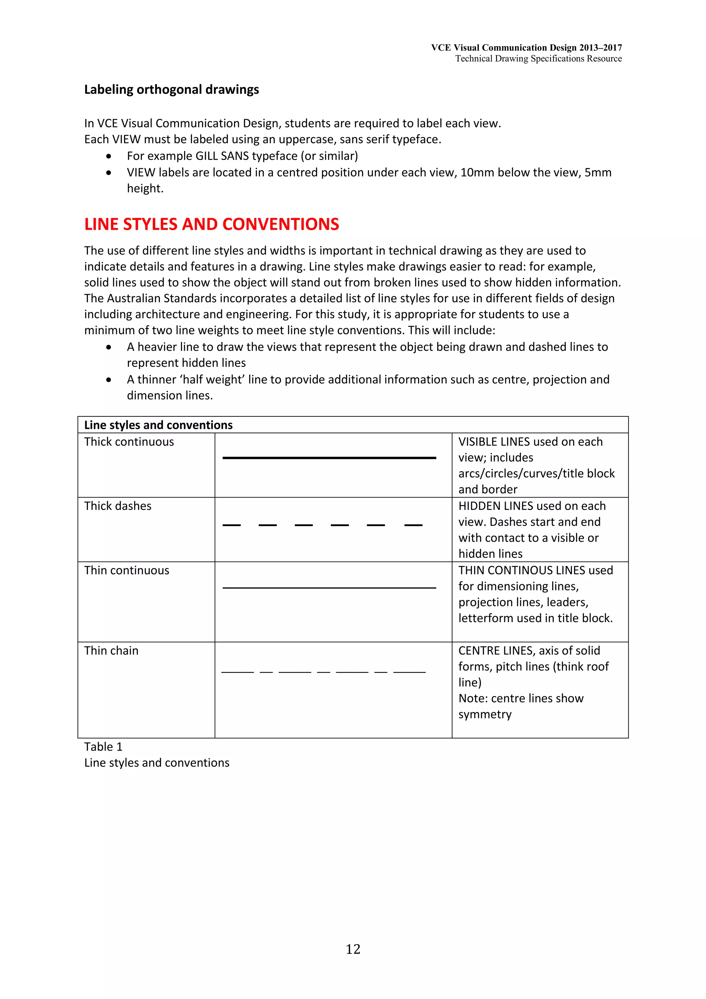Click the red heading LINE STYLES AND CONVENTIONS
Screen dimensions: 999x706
click(x=211, y=224)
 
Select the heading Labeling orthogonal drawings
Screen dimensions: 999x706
click(x=171, y=90)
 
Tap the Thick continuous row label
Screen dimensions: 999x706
click(x=129, y=442)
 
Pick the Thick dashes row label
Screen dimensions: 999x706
click(x=118, y=506)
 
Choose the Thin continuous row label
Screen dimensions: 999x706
click(x=127, y=571)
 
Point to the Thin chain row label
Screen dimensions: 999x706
click(x=111, y=650)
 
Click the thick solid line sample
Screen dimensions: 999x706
click(x=329, y=458)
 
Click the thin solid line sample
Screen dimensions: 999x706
click(x=329, y=588)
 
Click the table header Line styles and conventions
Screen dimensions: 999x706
click(x=158, y=425)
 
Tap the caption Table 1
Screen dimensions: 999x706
click(x=103, y=747)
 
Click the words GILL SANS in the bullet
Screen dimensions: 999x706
click(x=222, y=156)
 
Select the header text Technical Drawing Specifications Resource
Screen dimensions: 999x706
click(x=538, y=59)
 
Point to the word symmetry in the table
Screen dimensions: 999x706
click(x=485, y=715)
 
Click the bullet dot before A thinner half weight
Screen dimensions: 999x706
click(x=108, y=380)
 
